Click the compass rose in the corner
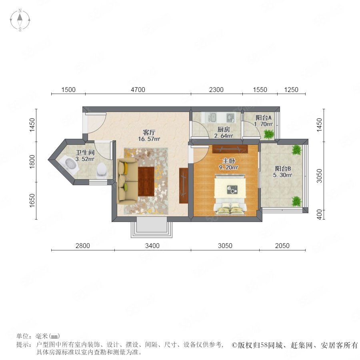coord(20,20)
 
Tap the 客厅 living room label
coord(149,132)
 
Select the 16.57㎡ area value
coord(149,139)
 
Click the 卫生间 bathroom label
coord(85,152)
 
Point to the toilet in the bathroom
coord(101,170)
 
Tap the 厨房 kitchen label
coord(223,130)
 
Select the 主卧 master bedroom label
coord(228,161)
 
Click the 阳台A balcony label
coord(264,118)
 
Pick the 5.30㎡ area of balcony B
coord(283,175)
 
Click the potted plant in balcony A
coord(269,134)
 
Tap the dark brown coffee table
coord(146,181)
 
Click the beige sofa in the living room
coord(127,181)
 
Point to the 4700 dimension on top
coord(138,90)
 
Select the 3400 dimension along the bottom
coord(152,246)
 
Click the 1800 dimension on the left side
coord(32,162)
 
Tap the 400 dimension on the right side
coord(319,214)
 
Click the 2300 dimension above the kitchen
coord(216,90)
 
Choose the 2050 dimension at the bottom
coord(282,246)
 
